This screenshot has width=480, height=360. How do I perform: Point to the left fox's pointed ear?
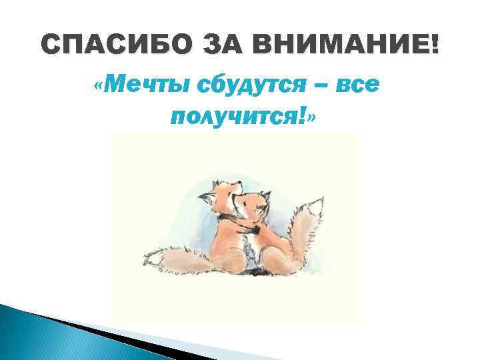[217, 183]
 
